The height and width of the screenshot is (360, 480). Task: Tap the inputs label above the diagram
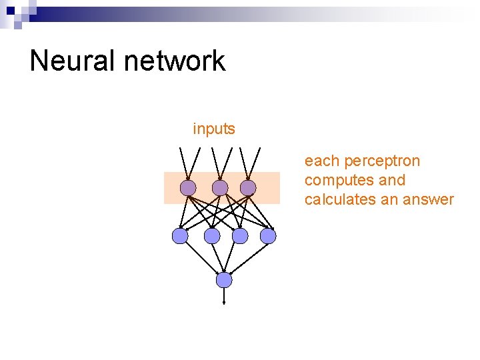[x=214, y=129]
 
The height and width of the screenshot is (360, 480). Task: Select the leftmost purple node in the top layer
[x=188, y=188]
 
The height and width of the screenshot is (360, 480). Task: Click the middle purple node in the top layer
[x=219, y=188]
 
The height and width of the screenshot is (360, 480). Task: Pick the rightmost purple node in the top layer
[x=247, y=188]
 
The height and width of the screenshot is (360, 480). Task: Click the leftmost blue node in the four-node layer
[x=180, y=235]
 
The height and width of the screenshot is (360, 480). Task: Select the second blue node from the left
[x=211, y=235]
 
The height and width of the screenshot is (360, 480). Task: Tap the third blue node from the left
[x=240, y=235]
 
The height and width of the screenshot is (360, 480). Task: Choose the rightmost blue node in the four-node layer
[x=268, y=235]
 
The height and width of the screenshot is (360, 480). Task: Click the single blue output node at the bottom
[x=224, y=280]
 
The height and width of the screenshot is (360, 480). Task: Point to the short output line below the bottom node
[x=224, y=295]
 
